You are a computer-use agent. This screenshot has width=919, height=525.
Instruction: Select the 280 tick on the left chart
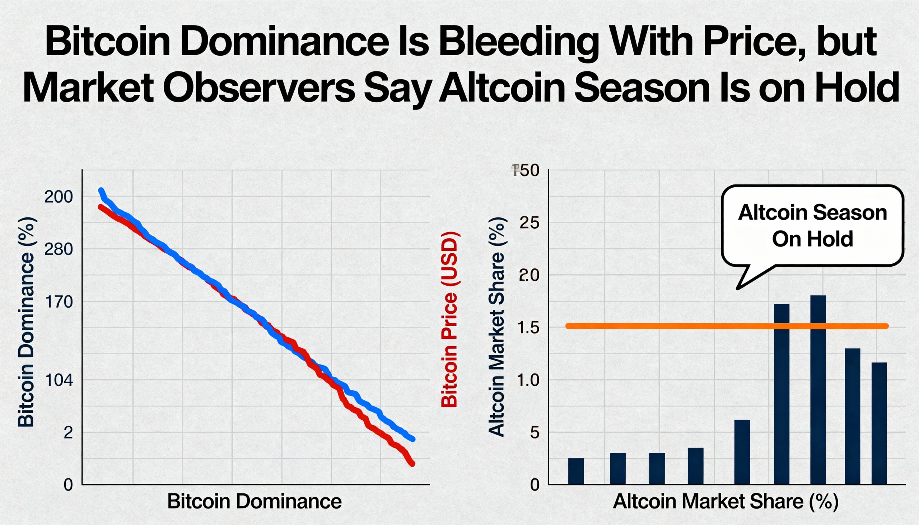coord(59,249)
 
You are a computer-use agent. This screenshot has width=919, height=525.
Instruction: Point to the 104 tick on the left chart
coord(59,381)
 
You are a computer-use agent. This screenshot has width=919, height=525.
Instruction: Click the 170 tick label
coord(59,302)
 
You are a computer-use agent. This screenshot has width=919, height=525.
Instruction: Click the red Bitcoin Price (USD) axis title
coord(449,320)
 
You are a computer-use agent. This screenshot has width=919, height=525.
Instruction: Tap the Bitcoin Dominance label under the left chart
coord(254,502)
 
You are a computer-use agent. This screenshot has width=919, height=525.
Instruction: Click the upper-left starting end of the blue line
coord(101,191)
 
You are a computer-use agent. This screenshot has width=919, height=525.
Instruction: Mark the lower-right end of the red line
coord(412,464)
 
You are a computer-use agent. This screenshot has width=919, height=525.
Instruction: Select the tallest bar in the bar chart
coord(818,389)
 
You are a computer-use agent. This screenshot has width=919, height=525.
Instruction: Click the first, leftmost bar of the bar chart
coord(576,471)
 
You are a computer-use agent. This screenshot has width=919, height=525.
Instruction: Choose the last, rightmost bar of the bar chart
coord(879,423)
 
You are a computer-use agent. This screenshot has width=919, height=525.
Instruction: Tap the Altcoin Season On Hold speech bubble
coord(812,226)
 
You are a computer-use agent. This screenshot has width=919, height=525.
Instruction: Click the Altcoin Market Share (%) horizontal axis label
coord(725,502)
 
